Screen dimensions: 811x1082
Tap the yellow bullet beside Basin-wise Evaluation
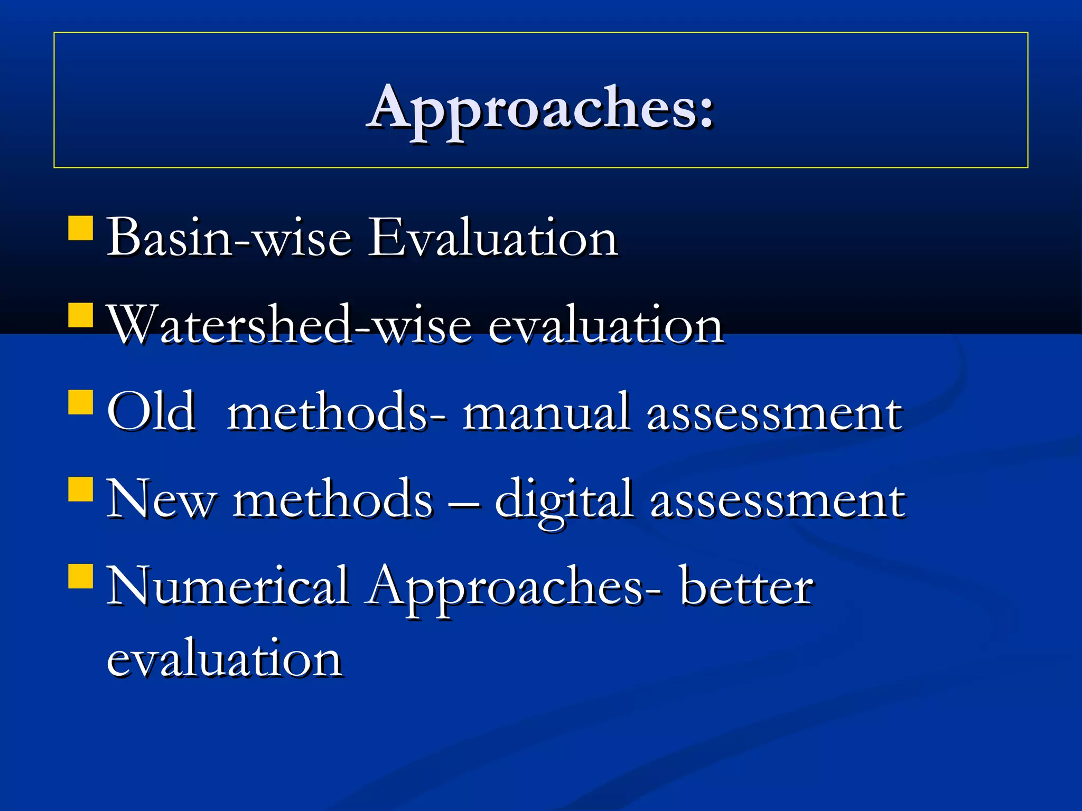click(81, 228)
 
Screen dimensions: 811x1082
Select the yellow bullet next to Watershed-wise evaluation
click(81, 315)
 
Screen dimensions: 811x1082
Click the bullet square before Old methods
click(81, 402)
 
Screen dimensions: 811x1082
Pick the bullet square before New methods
click(81, 489)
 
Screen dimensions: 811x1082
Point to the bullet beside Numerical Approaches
click(81, 577)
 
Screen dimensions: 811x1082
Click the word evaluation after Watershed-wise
click(605, 326)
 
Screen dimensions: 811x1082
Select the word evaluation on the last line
click(224, 658)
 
